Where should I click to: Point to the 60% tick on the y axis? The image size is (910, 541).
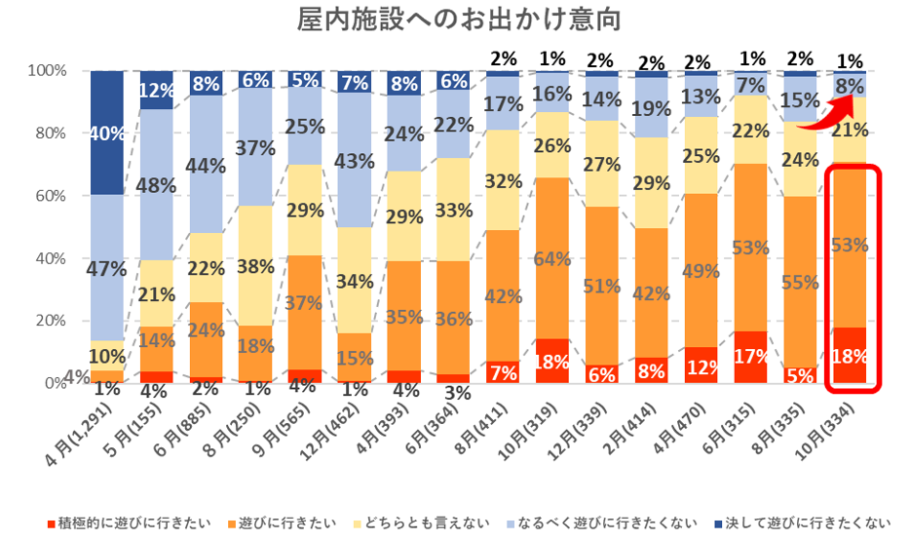coord(46,196)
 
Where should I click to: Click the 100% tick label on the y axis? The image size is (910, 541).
coord(43,71)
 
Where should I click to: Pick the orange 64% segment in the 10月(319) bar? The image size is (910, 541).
coord(552,258)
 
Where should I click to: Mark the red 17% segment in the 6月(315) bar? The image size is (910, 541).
coord(751,357)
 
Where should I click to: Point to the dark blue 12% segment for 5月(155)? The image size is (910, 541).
coord(156,90)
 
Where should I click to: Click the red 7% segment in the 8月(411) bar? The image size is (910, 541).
coord(503,371)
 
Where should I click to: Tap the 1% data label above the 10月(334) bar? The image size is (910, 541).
coord(851,58)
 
